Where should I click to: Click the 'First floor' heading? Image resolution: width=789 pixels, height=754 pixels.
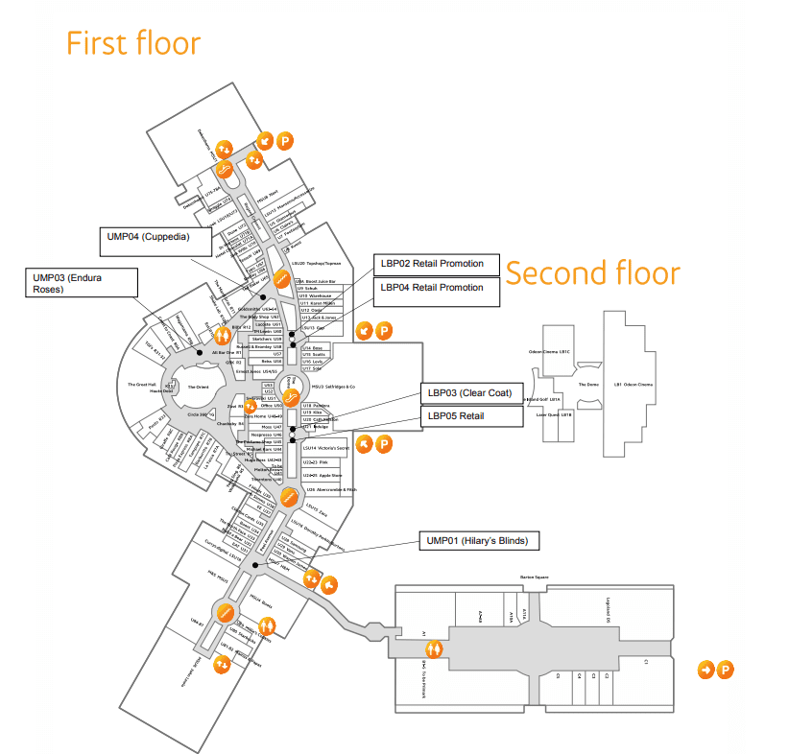click(132, 44)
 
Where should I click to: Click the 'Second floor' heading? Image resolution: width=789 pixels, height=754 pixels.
click(592, 273)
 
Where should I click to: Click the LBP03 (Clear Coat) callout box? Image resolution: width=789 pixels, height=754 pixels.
click(471, 393)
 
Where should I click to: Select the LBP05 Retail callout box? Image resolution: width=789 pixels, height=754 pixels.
click(471, 415)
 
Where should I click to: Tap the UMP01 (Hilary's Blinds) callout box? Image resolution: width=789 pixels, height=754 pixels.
click(477, 541)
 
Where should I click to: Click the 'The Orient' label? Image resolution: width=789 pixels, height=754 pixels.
click(198, 387)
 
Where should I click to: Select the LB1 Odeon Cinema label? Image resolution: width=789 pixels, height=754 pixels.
click(634, 385)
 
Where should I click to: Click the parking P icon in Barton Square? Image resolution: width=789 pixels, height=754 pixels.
click(726, 670)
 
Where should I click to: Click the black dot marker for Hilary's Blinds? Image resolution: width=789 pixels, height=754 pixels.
click(254, 566)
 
